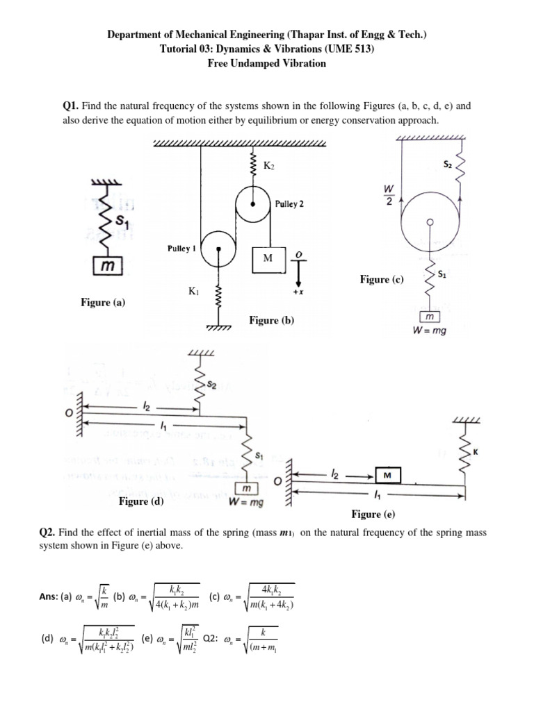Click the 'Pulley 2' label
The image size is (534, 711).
[289, 205]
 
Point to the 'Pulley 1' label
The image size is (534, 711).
[180, 248]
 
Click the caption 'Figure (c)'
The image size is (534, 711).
[381, 279]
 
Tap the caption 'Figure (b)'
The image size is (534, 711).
[271, 320]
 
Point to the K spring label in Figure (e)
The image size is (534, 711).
[476, 452]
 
